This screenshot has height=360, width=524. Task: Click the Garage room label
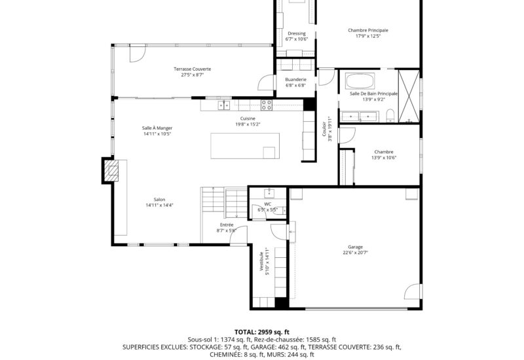click(x=355, y=247)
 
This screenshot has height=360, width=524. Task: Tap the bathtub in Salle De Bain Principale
click(x=360, y=81)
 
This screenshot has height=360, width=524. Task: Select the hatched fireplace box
click(x=111, y=171)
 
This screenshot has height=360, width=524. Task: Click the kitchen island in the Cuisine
click(x=245, y=146)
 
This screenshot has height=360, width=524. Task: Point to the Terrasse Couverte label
click(x=192, y=69)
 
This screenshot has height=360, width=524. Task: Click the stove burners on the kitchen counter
click(x=267, y=105)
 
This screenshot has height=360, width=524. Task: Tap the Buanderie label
click(x=295, y=80)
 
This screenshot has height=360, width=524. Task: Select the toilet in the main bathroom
click(x=390, y=116)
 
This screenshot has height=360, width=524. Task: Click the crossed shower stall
click(x=409, y=96)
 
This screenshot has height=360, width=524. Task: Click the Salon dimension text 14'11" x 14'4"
click(x=159, y=206)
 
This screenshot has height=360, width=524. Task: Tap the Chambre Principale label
click(x=368, y=30)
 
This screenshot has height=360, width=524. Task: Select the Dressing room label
click(x=297, y=33)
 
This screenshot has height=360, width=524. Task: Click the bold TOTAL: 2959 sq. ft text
click(x=261, y=332)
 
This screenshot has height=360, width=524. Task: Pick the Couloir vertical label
click(x=324, y=129)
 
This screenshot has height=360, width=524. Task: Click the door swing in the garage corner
click(x=412, y=291)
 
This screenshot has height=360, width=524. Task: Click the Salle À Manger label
click(x=157, y=128)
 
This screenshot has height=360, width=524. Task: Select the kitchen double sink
click(x=224, y=105)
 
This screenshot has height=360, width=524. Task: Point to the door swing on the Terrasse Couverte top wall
click(x=138, y=54)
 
